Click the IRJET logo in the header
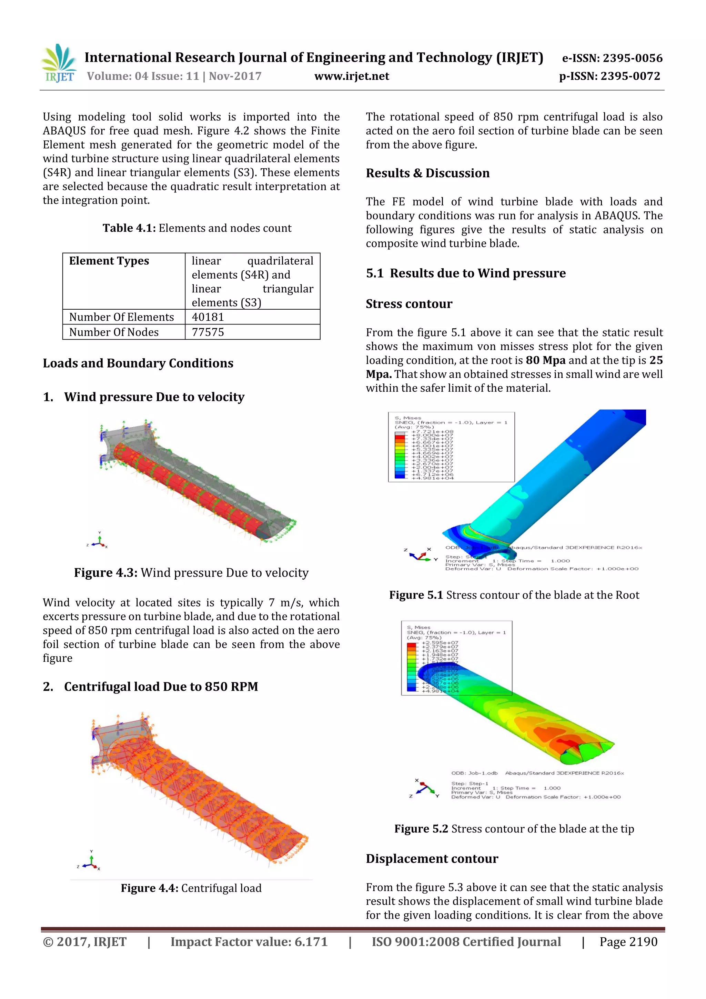point(59,63)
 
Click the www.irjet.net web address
point(352,76)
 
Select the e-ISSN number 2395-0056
point(612,58)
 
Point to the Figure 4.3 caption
point(191,572)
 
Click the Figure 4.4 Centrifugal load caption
point(191,888)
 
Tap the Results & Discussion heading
point(427,173)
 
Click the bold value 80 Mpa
point(545,360)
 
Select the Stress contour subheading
point(409,304)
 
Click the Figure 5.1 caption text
point(514,595)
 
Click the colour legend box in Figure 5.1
point(451,447)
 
